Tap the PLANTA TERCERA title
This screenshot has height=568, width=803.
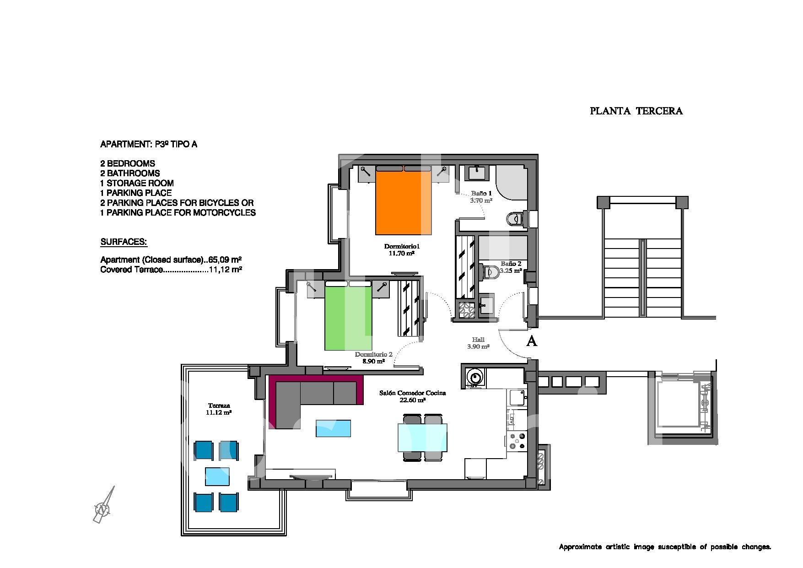coord(636,111)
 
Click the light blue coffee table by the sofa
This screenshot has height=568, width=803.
coord(334,428)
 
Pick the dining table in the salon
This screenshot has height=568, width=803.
coord(422,438)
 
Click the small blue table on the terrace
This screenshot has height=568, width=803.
coord(217,476)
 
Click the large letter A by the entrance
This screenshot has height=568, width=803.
coord(532,341)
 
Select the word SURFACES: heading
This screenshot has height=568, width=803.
coord(124,242)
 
